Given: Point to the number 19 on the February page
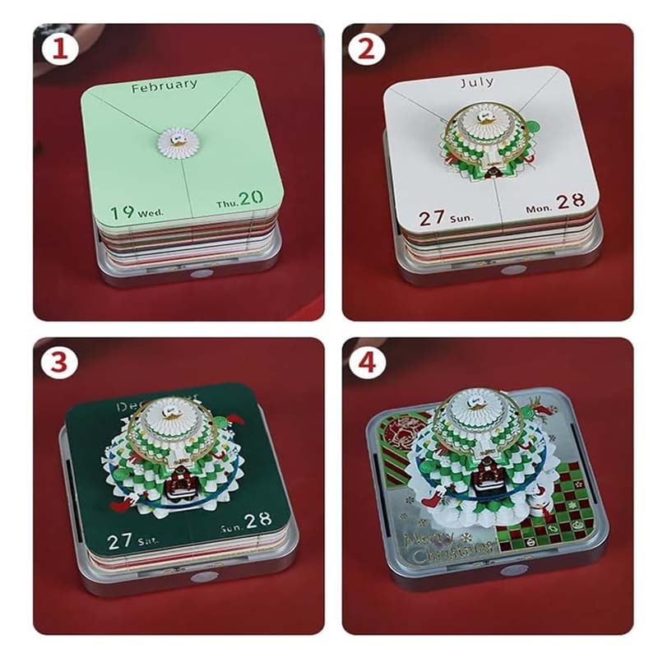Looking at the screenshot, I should click(x=122, y=211).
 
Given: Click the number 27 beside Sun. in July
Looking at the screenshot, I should click(x=433, y=218).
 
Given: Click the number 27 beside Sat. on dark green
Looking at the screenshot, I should click(x=120, y=541).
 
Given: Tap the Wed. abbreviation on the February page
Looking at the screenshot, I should click(x=151, y=213).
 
